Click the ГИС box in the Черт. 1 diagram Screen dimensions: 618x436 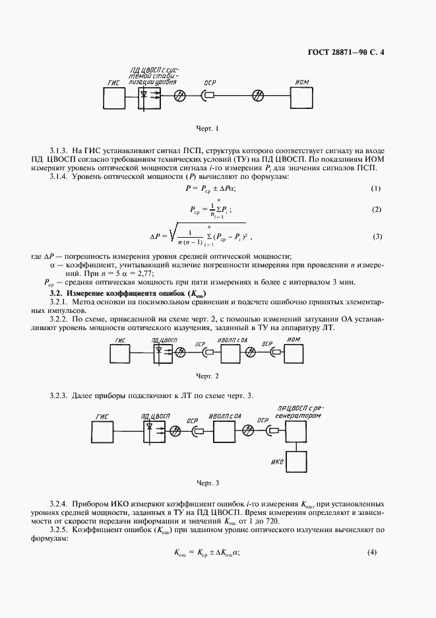pyautogui.click(x=113, y=98)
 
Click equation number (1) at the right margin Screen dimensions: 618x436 pyautogui.click(x=376, y=189)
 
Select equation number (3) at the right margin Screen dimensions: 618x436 pyautogui.click(x=377, y=236)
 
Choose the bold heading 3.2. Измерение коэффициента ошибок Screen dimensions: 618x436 pyautogui.click(x=129, y=292)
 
